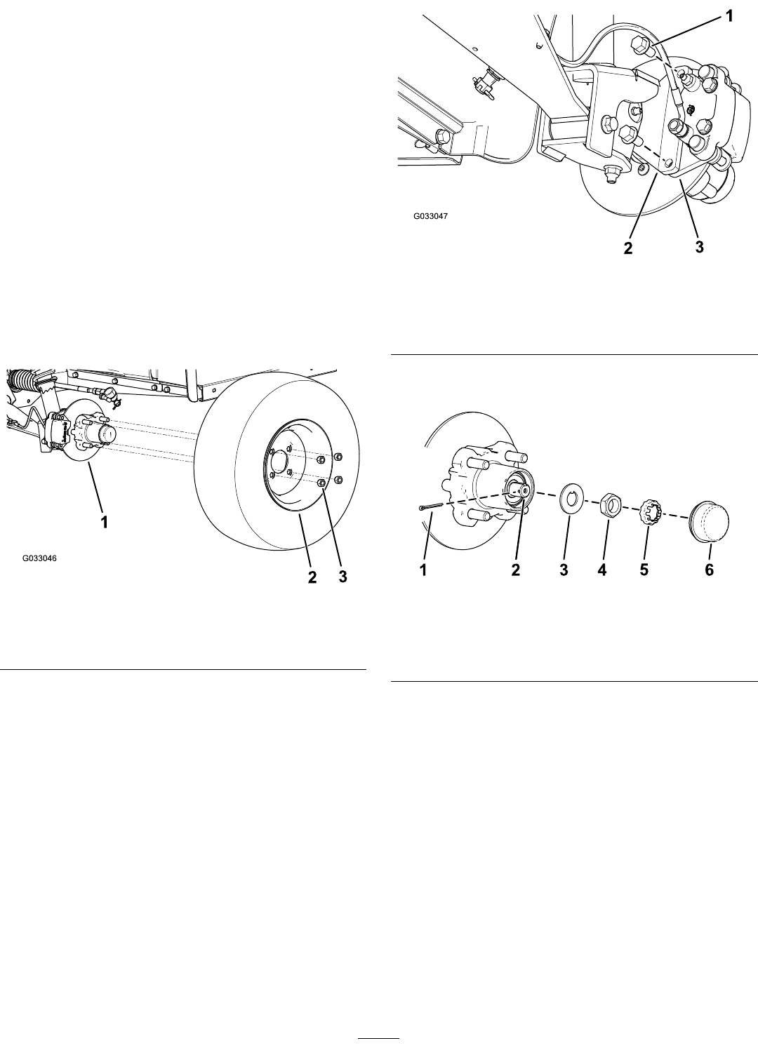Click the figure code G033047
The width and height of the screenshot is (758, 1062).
[430, 217]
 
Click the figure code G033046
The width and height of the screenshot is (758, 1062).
[39, 558]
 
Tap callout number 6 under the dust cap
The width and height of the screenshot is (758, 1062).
[709, 570]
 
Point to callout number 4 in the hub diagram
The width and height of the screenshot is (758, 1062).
[602, 570]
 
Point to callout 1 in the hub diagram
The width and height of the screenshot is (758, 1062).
[423, 570]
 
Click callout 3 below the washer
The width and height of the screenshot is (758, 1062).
[564, 570]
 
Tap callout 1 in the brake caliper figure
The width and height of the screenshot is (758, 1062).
[729, 16]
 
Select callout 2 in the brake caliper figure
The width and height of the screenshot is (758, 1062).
[627, 248]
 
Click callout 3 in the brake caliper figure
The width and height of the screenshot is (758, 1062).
[699, 246]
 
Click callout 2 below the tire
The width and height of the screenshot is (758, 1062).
[312, 577]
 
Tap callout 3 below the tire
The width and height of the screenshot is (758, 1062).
[343, 577]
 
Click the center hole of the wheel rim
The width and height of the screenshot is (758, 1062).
[278, 460]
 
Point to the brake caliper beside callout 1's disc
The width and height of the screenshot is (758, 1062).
[58, 428]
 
